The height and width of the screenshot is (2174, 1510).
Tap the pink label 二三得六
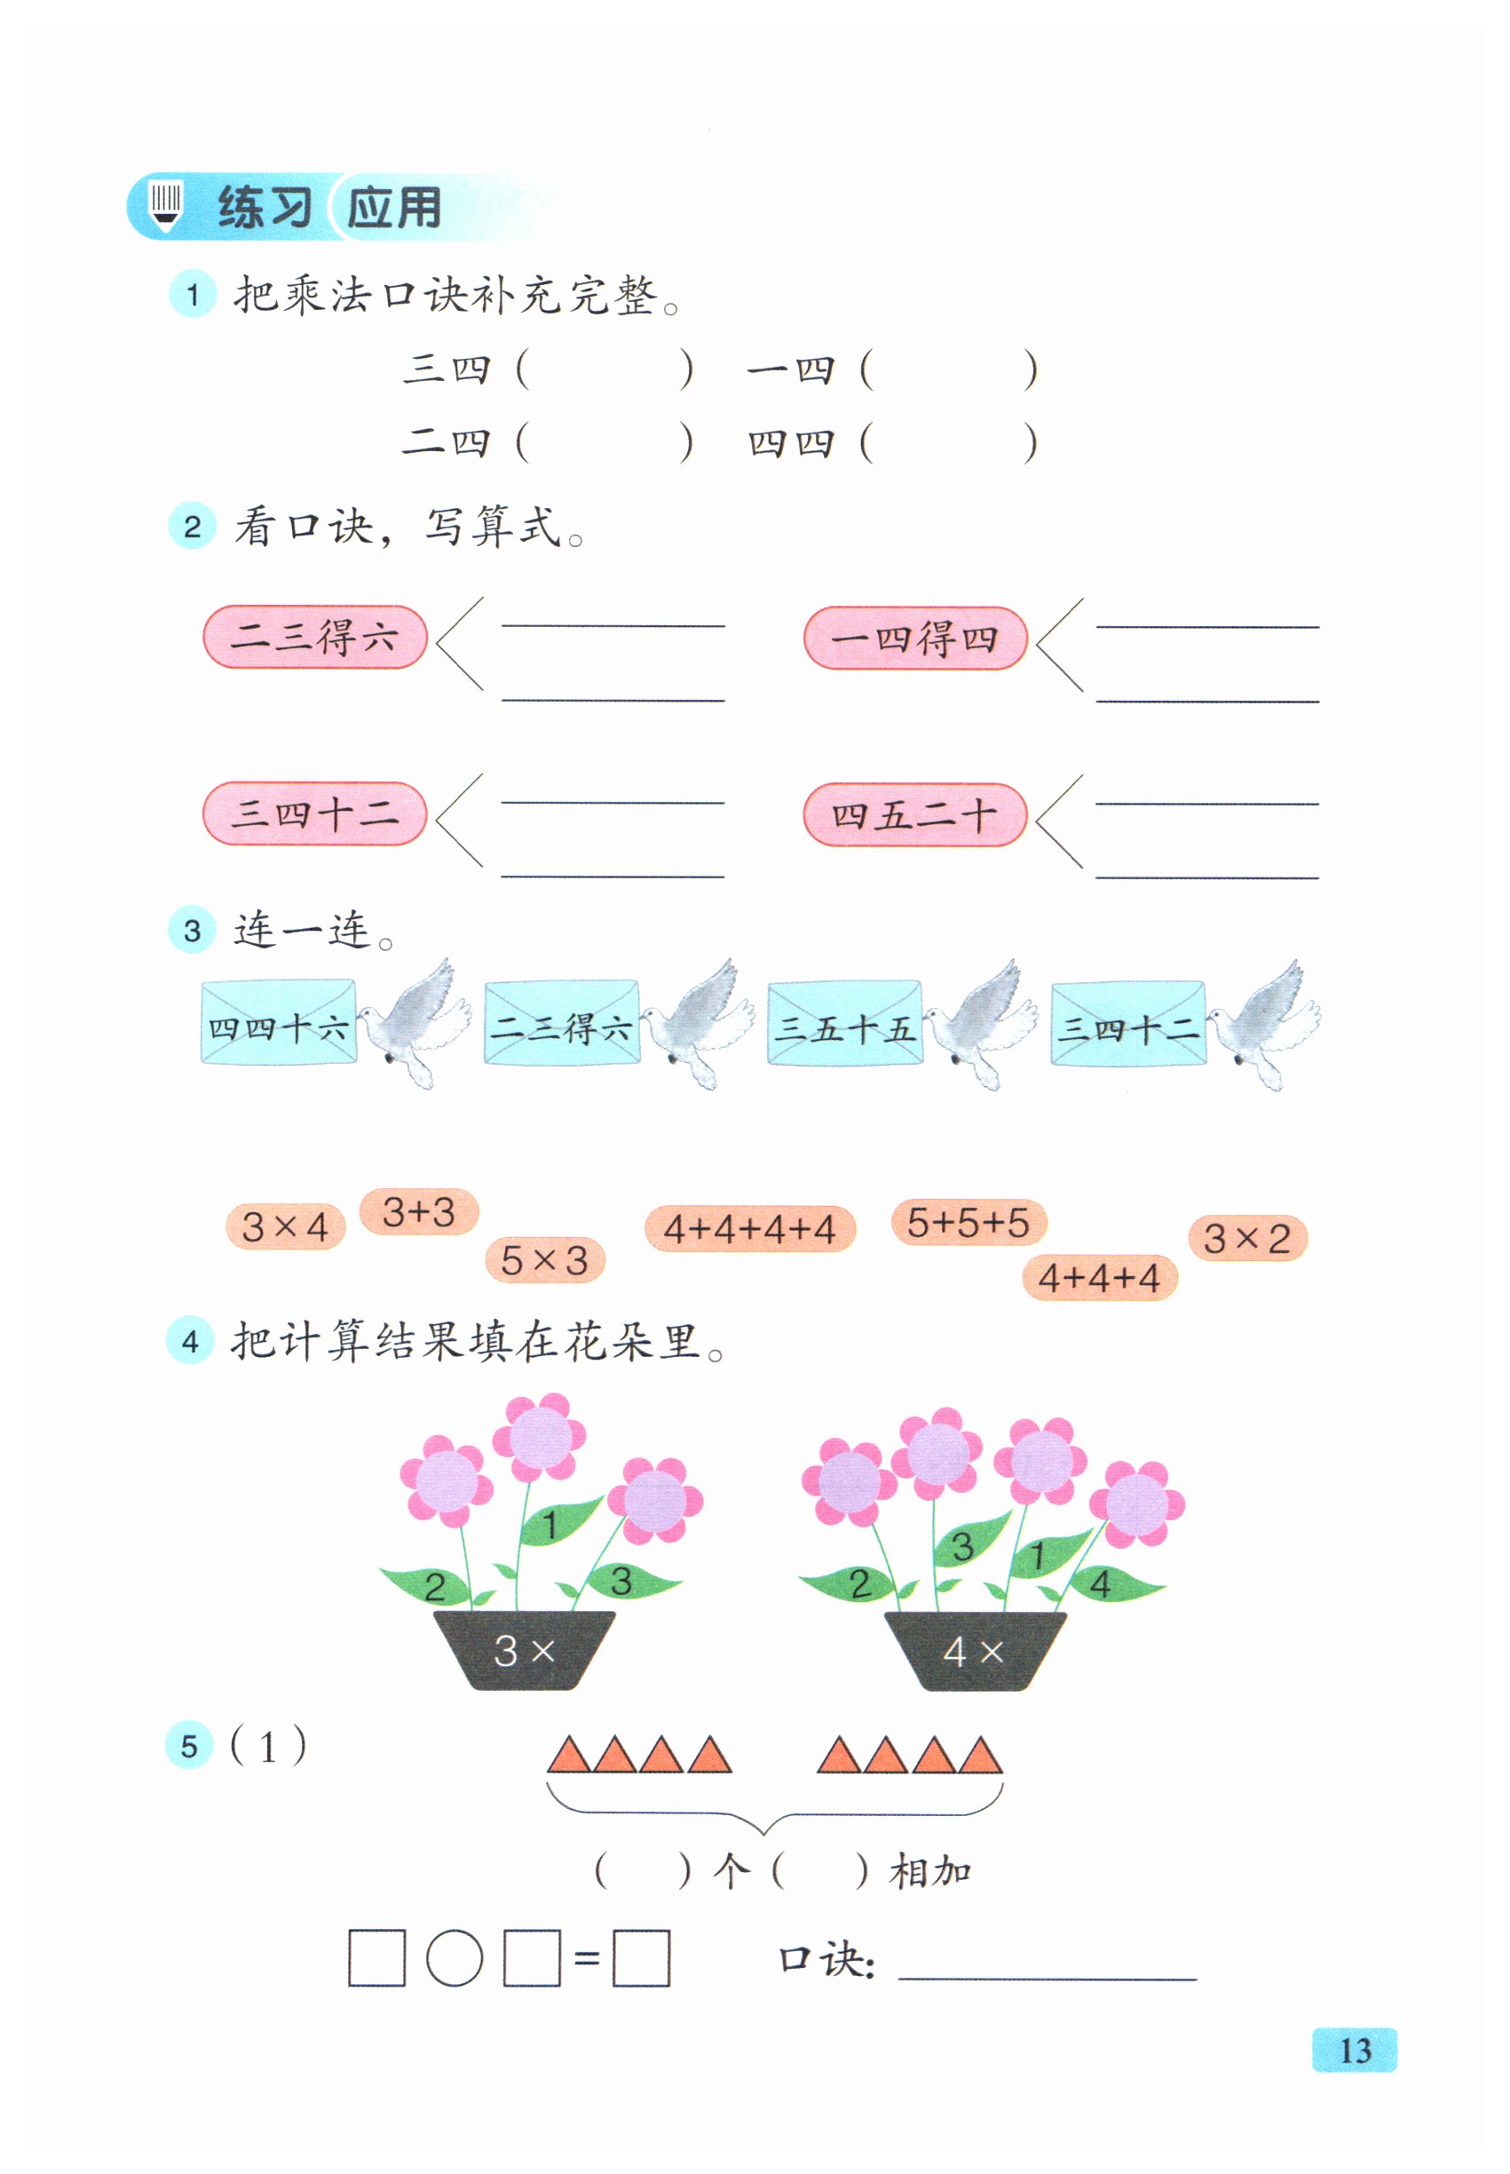coord(314,637)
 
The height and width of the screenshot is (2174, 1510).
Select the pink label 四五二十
coord(914,814)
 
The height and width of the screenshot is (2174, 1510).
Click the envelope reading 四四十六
coord(278,1023)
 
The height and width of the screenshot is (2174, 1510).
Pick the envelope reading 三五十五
coord(844,1023)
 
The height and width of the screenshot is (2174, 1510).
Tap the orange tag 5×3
coord(544,1259)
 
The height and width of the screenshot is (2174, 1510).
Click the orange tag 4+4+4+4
coord(749,1228)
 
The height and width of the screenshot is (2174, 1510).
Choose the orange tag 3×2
coord(1247,1238)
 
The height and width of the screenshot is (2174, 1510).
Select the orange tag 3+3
coord(418,1211)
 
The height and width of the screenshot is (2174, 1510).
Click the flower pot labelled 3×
coord(523,1650)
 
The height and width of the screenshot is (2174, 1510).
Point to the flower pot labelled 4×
coord(974,1651)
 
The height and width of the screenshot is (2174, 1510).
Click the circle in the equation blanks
coord(455,1958)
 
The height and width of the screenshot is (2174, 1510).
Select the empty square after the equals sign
coord(642,1958)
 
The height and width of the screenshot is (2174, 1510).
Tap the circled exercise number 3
coord(192,931)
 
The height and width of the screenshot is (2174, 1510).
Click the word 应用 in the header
coord(393,207)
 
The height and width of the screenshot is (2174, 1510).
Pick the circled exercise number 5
coord(189,1746)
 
